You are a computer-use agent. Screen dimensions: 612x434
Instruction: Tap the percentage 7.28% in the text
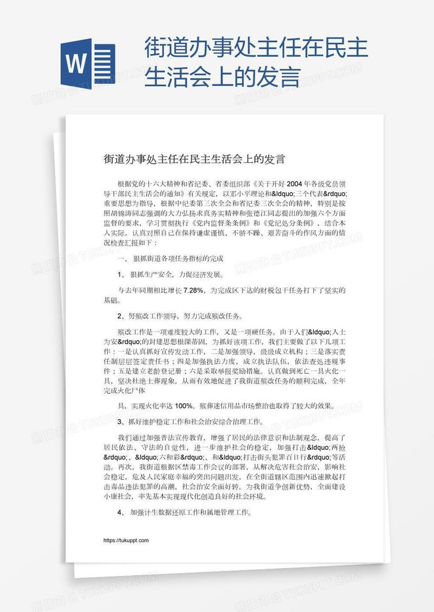click(x=193, y=290)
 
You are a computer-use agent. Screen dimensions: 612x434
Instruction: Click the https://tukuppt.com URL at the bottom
click(x=125, y=541)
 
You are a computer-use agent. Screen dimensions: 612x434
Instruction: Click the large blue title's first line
click(x=257, y=50)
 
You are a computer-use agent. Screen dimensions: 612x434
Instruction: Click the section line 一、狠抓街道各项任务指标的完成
click(x=169, y=259)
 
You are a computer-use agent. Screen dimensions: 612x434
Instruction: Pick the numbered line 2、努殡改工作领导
click(x=180, y=316)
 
